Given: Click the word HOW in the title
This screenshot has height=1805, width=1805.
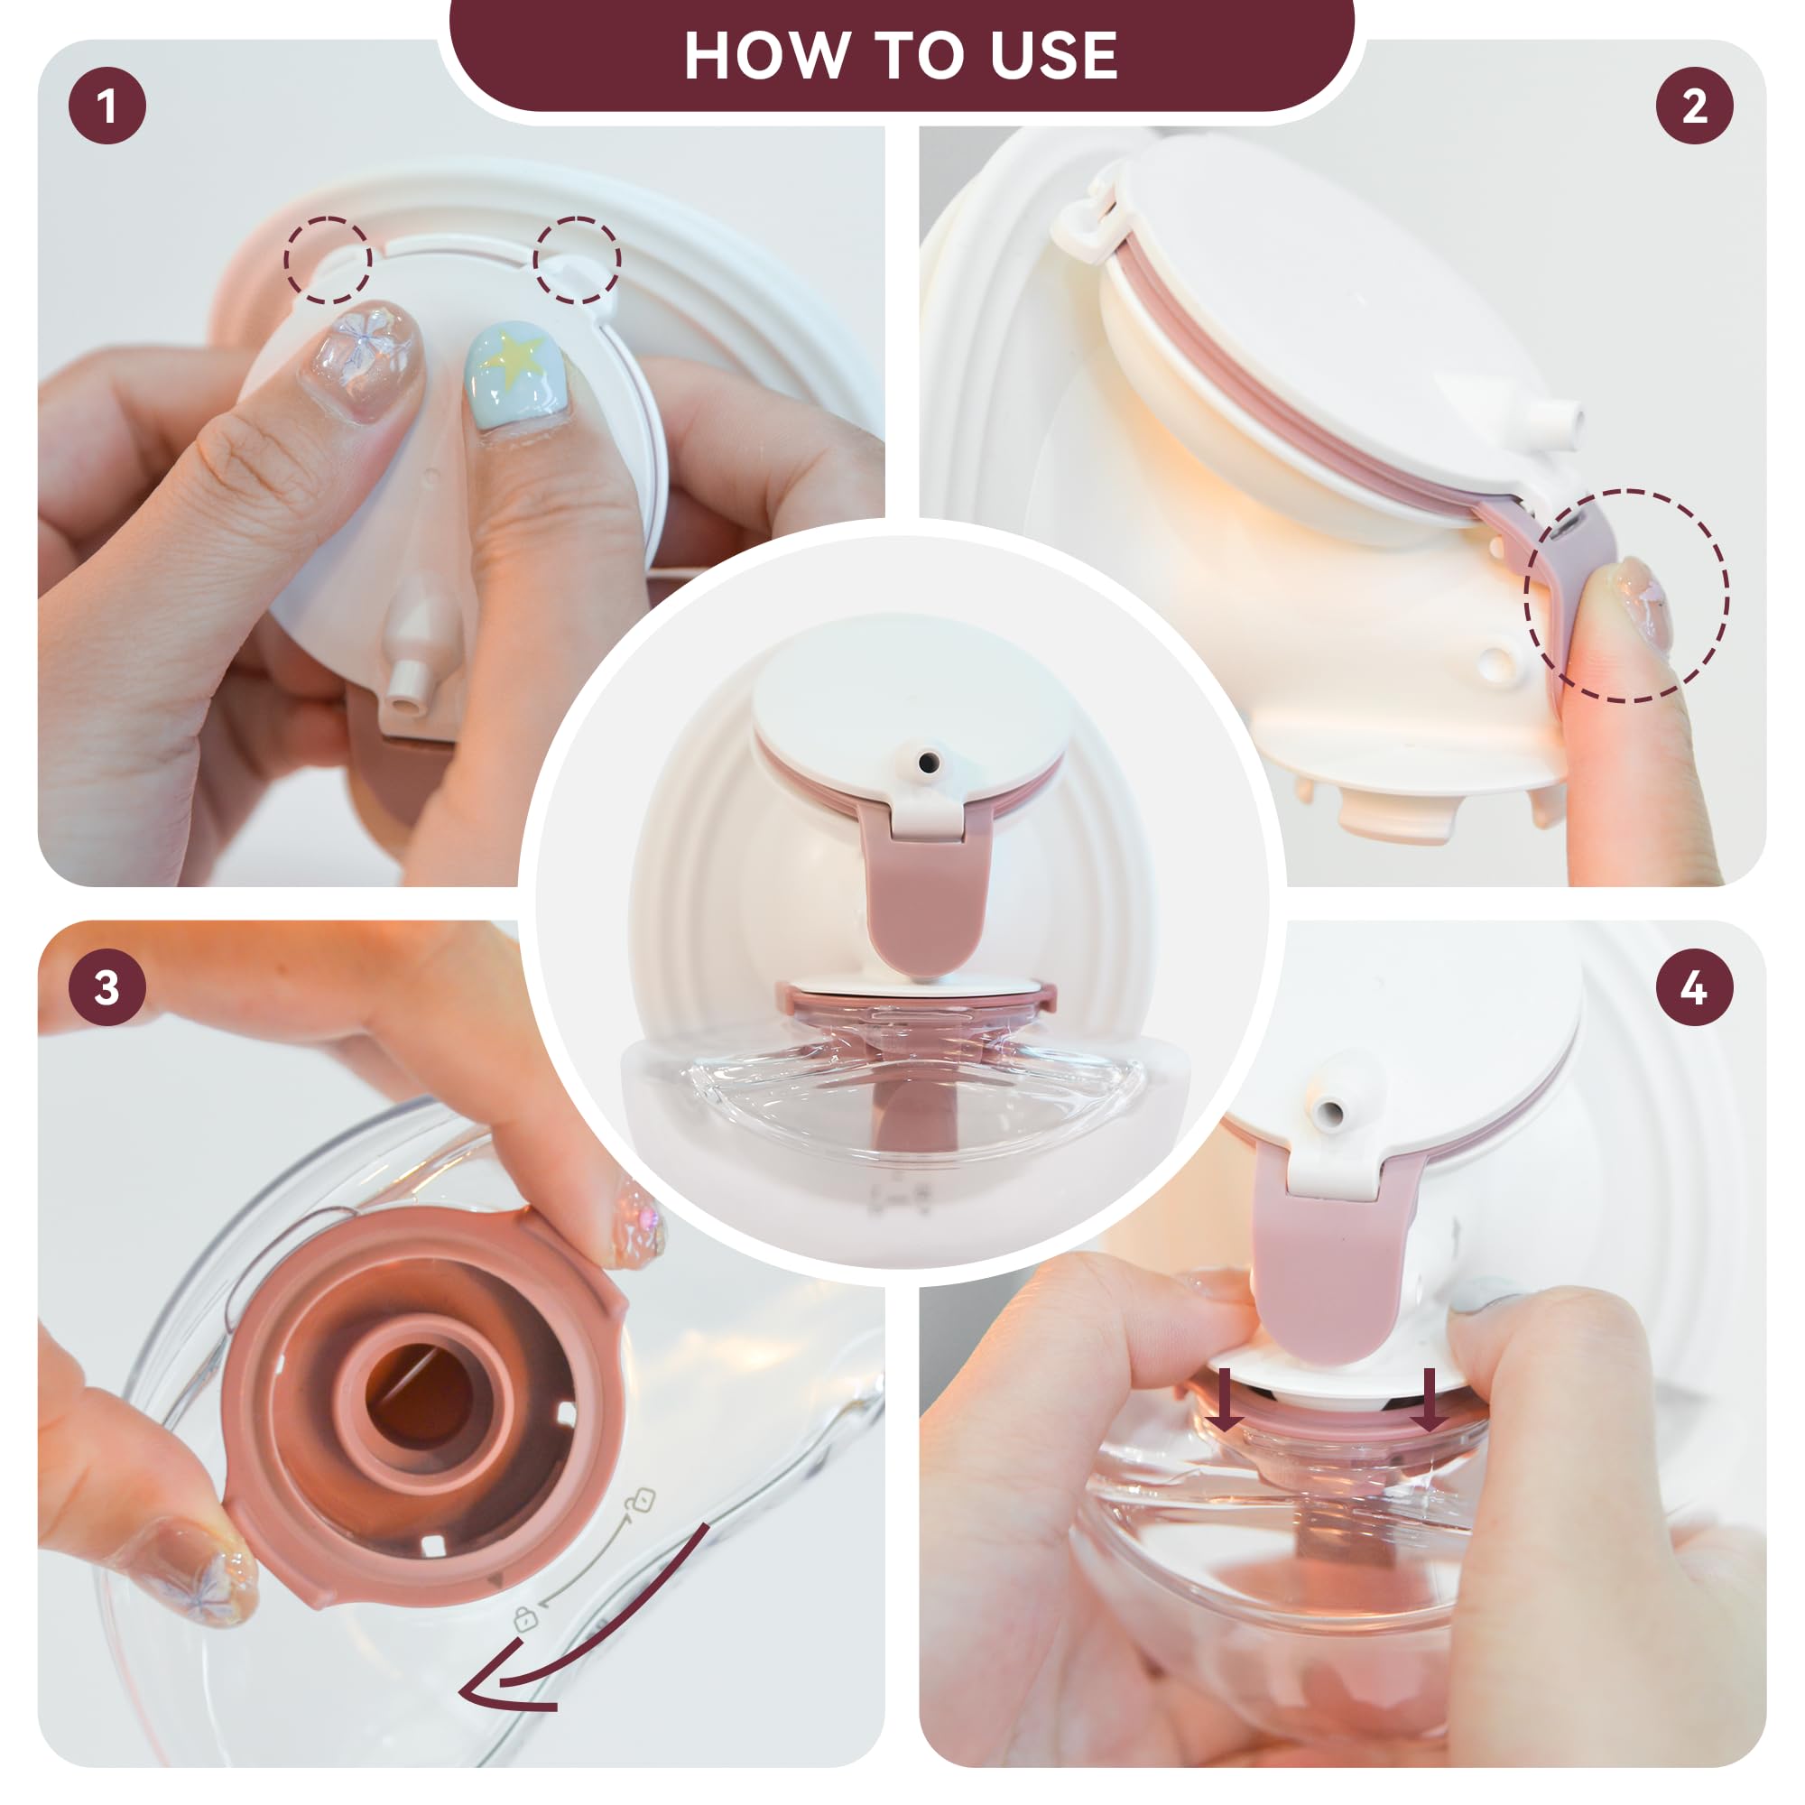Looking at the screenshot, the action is click(765, 56).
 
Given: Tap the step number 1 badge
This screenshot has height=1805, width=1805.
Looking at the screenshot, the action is click(107, 106).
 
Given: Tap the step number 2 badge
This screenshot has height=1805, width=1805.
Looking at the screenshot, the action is click(1695, 106).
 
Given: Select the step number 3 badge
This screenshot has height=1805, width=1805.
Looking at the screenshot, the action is click(107, 987).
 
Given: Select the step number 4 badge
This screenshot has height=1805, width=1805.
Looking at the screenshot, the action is click(1695, 987).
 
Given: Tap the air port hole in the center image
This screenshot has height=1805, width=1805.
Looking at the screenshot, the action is click(928, 764).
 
